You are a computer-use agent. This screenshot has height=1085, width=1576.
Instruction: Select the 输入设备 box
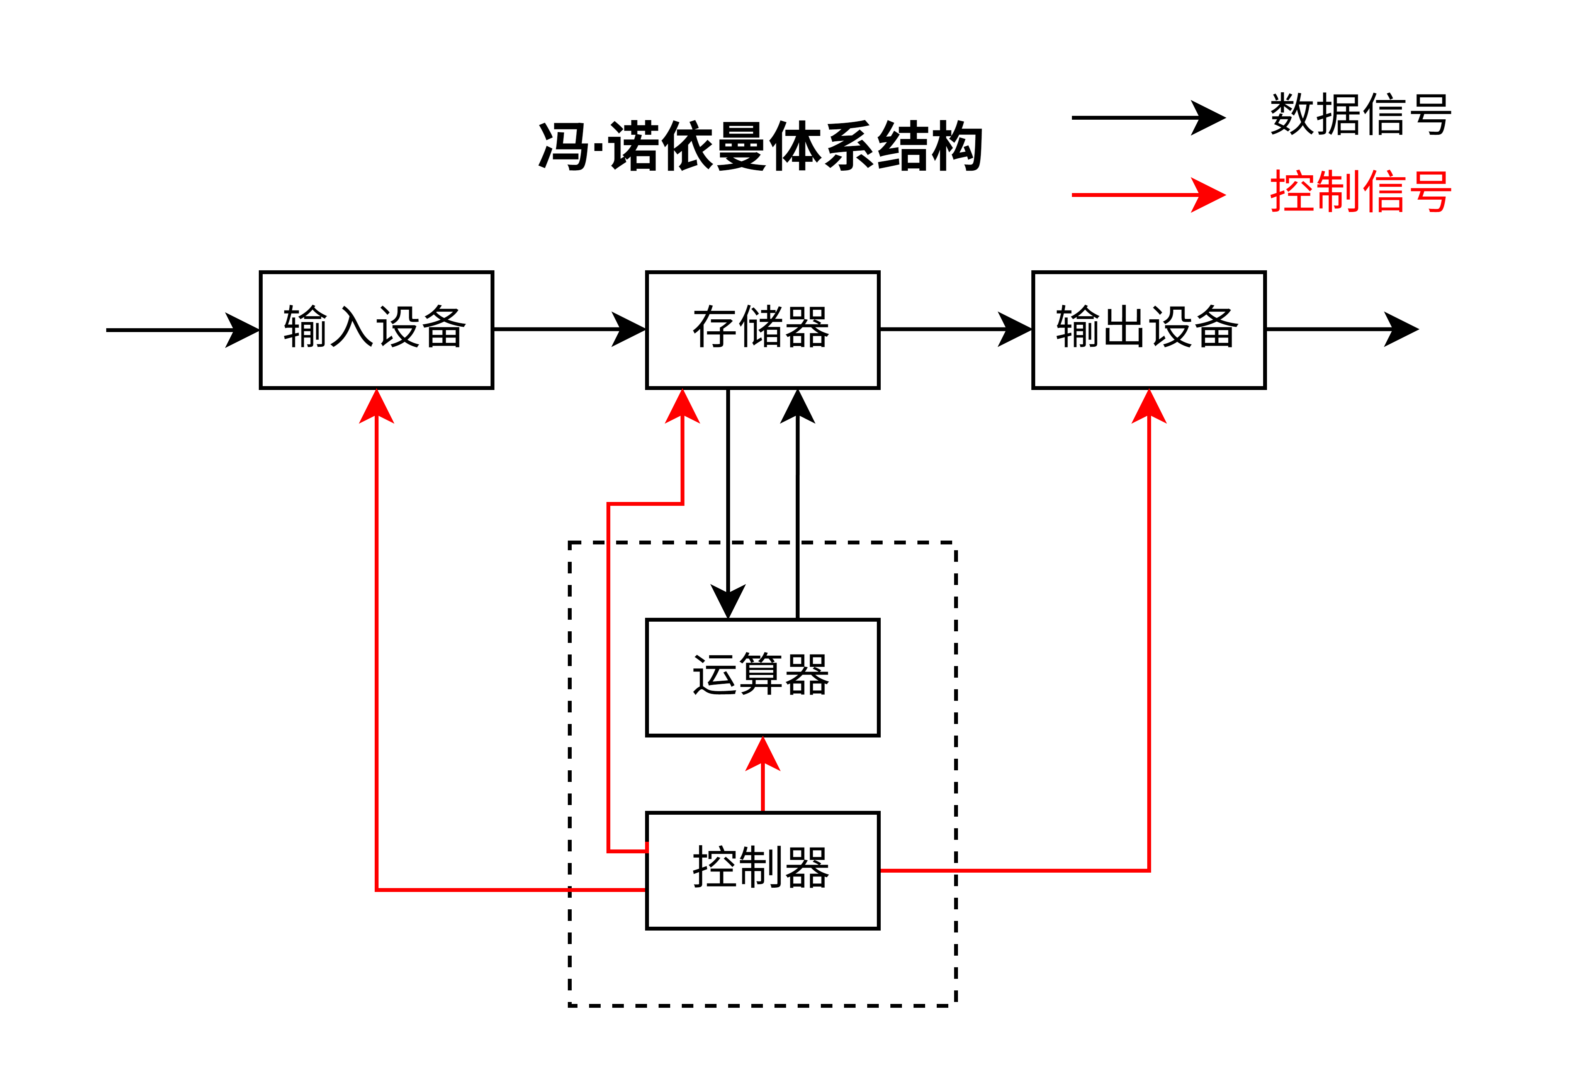coord(376,330)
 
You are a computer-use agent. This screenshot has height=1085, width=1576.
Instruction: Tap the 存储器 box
coord(762,330)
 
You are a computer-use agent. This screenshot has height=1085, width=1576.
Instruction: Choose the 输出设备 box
coord(1148,330)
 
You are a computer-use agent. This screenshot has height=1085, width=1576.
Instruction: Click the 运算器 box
coord(762,677)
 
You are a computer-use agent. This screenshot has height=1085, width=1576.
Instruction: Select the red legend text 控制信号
coord(1360,192)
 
